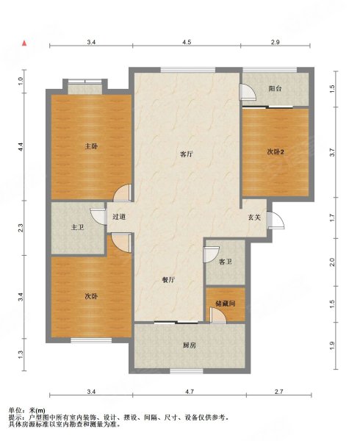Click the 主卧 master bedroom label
click(91, 146)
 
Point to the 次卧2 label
click(275, 151)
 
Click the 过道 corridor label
click(119, 217)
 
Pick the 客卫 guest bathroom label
click(226, 261)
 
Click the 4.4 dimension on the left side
click(21, 146)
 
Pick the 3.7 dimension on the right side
click(332, 153)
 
